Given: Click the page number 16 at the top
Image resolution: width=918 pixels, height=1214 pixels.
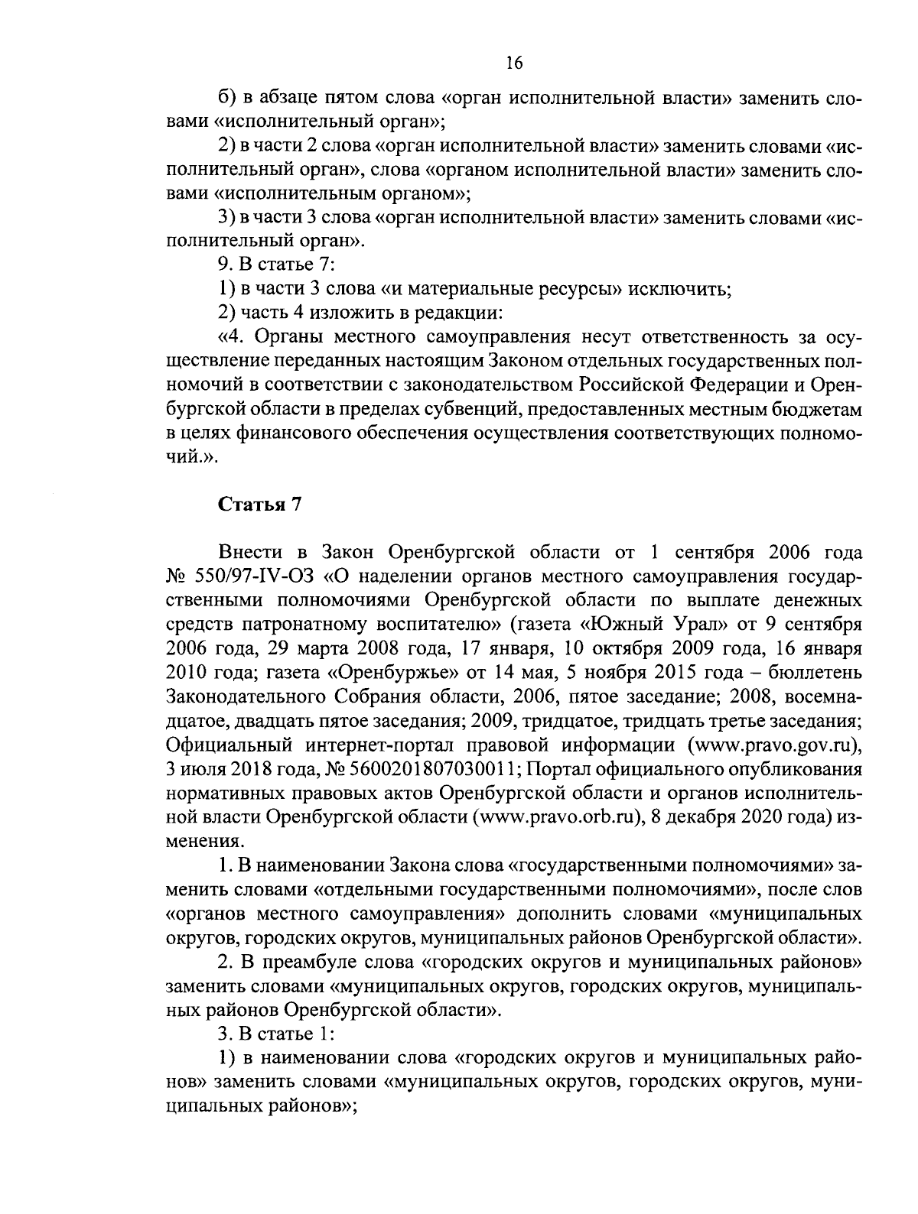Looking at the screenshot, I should (513, 63).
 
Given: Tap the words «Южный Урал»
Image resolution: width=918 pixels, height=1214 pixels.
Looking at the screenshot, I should (649, 625).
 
